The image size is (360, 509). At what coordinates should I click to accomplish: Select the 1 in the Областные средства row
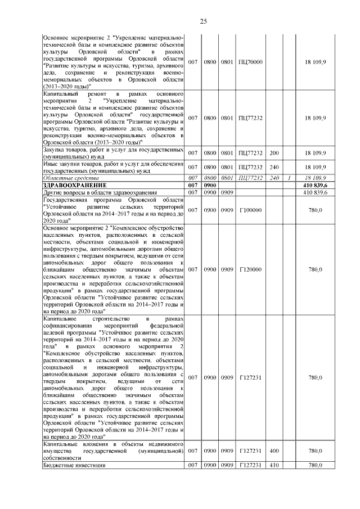[289, 178]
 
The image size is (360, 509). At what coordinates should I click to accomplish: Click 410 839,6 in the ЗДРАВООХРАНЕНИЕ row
[318, 185]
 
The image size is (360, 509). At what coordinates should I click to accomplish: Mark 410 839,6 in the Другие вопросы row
[318, 192]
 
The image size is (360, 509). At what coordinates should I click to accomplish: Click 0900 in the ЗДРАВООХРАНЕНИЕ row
[210, 185]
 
